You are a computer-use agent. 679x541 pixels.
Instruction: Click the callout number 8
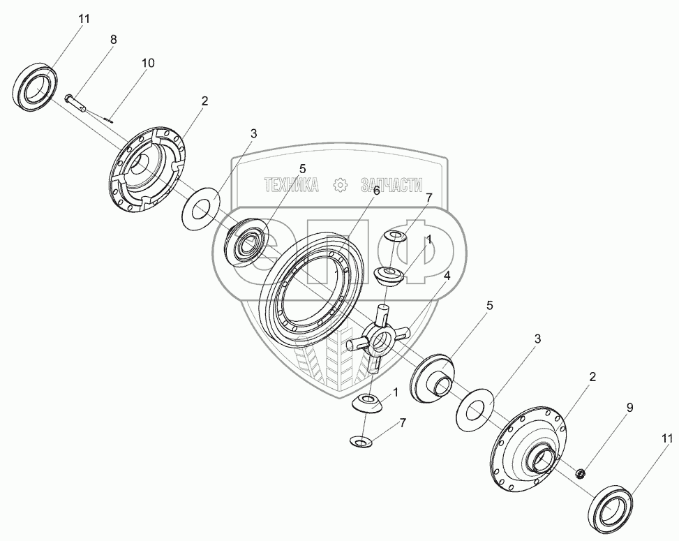click(113, 40)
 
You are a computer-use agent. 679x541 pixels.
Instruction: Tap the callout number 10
click(147, 63)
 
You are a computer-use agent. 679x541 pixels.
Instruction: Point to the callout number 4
click(446, 275)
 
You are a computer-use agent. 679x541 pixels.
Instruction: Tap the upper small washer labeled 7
click(396, 237)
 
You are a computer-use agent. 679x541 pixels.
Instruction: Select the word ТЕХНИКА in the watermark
click(291, 185)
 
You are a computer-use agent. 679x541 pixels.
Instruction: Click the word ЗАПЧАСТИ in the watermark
click(391, 185)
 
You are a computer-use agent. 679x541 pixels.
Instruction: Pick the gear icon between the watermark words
click(341, 185)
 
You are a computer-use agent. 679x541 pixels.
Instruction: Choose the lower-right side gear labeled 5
click(433, 380)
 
